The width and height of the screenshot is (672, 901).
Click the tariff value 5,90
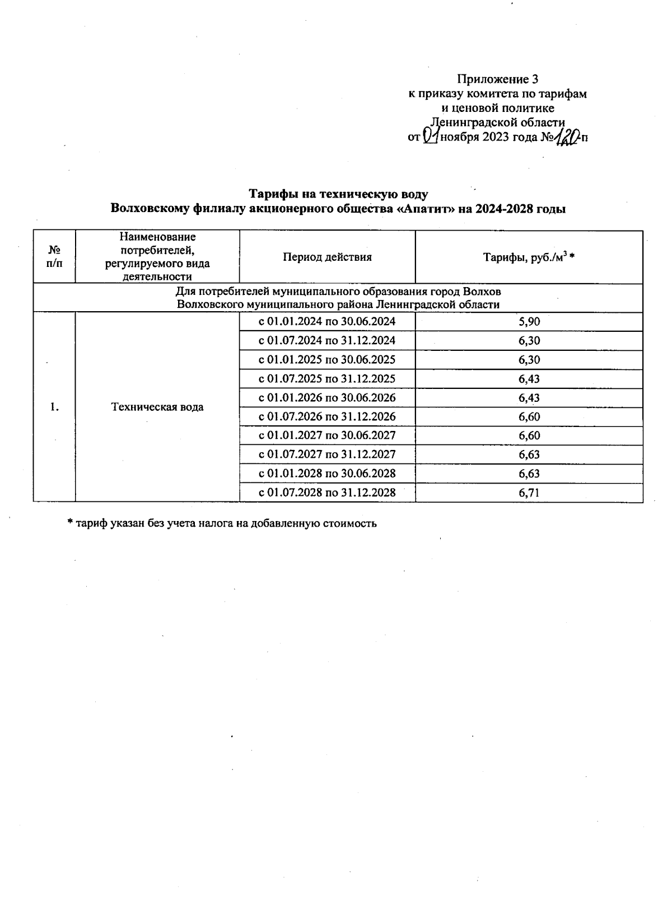[x=529, y=321]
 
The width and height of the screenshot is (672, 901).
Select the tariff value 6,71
[x=529, y=492]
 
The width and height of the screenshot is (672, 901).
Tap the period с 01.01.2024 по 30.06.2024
[x=326, y=321]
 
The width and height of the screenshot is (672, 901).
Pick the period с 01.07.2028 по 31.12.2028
[x=326, y=492]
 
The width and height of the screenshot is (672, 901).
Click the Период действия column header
[x=327, y=257]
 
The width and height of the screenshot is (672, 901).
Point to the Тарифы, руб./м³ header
[x=529, y=257]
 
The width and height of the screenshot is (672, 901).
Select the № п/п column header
[x=54, y=257]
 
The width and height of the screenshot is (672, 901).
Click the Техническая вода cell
[x=157, y=407]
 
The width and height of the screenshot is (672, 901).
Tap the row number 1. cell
[x=54, y=407]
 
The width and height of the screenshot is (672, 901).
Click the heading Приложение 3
[x=498, y=79]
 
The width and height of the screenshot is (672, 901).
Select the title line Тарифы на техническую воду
[x=338, y=194]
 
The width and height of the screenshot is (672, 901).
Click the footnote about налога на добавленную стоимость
[x=222, y=523]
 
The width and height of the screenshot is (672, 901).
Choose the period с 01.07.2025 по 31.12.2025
[x=326, y=378]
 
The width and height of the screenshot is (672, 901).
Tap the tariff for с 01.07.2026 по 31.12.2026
[x=529, y=416]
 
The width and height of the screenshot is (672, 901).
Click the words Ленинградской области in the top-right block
[x=497, y=122]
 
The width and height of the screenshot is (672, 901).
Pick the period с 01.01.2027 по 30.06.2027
[x=326, y=435]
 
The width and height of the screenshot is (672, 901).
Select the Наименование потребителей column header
[x=157, y=257]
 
